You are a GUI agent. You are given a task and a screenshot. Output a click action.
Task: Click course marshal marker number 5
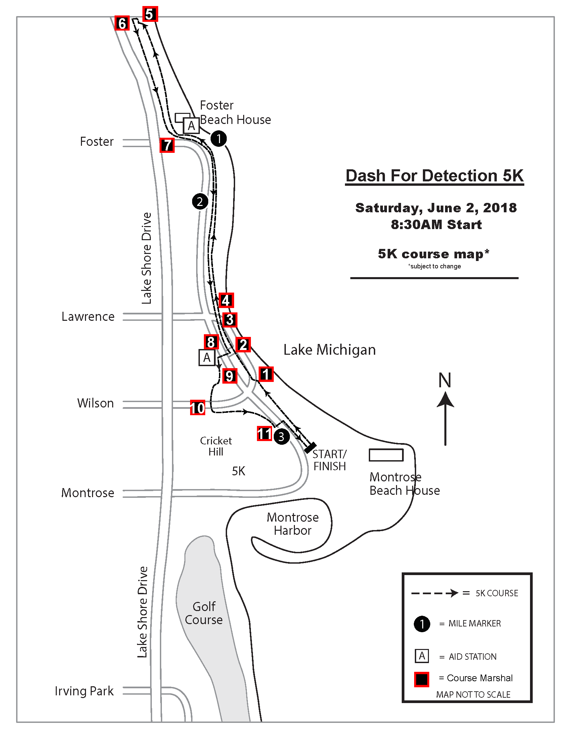coord(150,14)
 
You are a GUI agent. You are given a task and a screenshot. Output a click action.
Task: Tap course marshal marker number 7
coord(167,145)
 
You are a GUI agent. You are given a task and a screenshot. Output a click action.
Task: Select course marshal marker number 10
coord(197,408)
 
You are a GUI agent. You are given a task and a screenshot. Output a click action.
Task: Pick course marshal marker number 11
coord(264,433)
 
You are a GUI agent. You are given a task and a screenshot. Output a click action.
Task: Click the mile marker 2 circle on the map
coord(200,202)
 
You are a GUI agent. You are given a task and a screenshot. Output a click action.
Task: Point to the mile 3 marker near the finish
coord(281,437)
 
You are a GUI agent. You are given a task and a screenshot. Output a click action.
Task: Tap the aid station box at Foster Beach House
coord(191,126)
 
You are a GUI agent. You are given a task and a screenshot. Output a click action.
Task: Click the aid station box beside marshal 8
coord(207,358)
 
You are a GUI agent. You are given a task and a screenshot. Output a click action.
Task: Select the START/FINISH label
coord(330,460)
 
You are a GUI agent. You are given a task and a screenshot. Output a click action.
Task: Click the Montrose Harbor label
coord(293,524)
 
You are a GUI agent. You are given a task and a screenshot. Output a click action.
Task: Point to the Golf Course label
coord(204,613)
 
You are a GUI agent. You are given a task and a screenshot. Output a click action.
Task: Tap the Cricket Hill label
coord(216,446)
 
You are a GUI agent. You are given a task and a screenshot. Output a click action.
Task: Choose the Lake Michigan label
coord(330,350)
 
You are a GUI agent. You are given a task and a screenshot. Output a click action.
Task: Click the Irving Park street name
coord(84,691)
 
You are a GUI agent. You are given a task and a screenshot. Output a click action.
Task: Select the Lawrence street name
coord(88,317)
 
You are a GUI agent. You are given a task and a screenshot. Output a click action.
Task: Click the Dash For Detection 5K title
coord(434,176)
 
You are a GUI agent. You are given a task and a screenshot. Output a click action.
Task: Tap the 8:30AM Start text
coord(436,225)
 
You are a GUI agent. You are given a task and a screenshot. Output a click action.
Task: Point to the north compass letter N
coord(445,380)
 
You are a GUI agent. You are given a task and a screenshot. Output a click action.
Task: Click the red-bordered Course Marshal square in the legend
coord(422,679)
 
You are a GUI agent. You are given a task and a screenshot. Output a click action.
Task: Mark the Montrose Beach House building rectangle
coord(386,455)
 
